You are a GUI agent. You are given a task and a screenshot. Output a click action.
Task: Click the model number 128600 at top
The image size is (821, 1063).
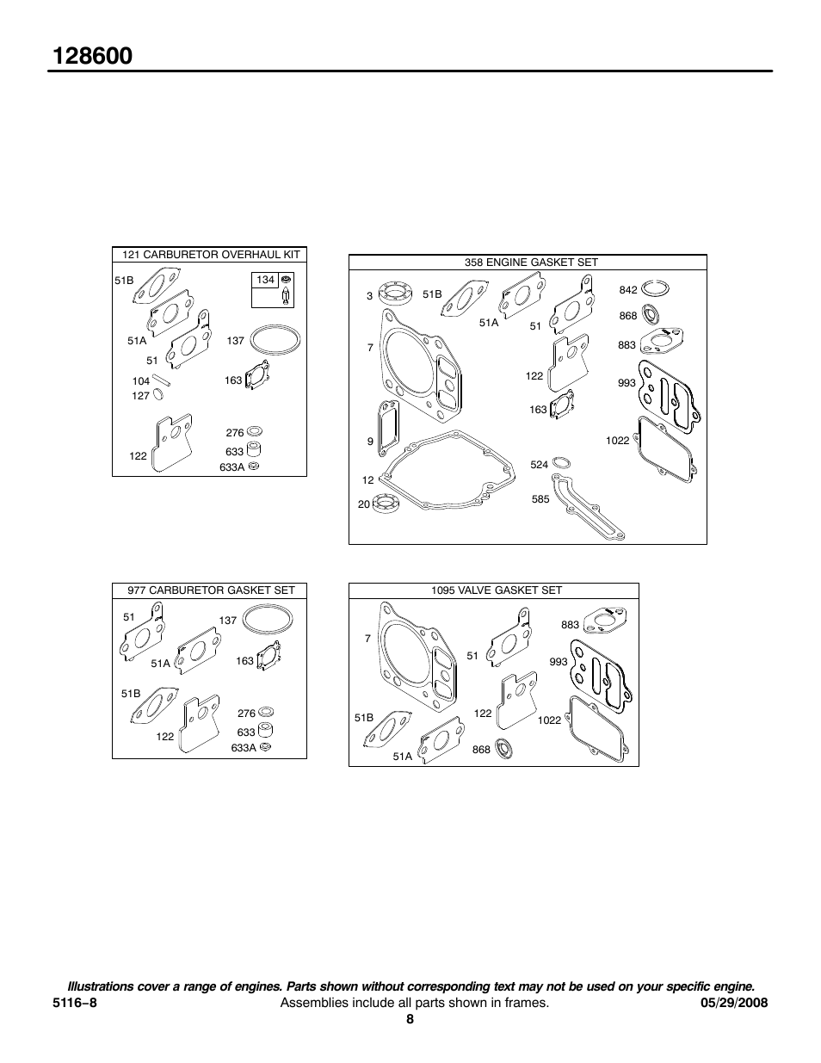click(x=92, y=56)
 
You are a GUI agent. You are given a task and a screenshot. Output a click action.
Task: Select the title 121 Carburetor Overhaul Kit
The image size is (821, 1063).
click(x=210, y=255)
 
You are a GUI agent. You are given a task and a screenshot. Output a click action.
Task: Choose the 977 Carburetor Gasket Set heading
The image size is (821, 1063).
click(x=211, y=590)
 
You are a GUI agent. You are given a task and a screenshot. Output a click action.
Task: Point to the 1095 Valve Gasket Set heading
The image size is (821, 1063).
click(x=496, y=590)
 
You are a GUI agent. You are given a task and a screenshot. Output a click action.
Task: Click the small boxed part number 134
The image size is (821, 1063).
click(x=265, y=281)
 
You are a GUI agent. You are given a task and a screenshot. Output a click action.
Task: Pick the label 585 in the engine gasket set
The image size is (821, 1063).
click(x=540, y=499)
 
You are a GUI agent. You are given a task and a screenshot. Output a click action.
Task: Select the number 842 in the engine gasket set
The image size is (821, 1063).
click(x=628, y=290)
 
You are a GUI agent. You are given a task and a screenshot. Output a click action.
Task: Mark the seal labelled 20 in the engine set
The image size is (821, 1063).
click(x=386, y=504)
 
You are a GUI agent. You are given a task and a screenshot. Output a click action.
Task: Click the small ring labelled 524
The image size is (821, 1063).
click(x=561, y=463)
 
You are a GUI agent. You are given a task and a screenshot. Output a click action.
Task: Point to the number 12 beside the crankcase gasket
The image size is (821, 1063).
click(x=368, y=480)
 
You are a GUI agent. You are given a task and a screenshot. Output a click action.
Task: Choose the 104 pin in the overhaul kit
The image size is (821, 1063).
click(x=165, y=379)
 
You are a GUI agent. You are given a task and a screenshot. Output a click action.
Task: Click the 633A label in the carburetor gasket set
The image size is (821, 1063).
click(x=244, y=748)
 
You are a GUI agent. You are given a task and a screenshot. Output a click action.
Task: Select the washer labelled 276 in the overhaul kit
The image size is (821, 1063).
click(x=255, y=432)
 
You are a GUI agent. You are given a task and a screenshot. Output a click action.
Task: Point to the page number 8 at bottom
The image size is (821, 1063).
click(x=410, y=1019)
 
